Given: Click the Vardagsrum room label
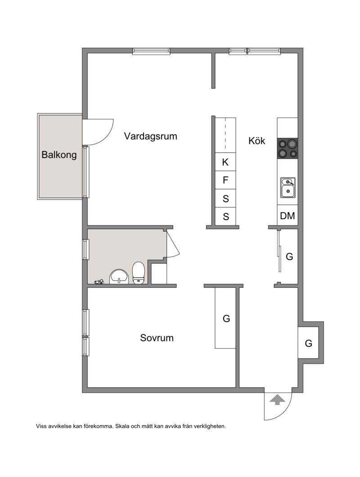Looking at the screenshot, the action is pos(150,136).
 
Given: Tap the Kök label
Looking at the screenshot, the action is pos(256,140).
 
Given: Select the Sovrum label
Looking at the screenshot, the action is pos(157,337).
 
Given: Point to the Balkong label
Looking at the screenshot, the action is pos(59,155).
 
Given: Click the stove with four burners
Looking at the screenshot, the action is pos(287,148).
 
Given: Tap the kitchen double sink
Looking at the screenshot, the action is pos(288,187).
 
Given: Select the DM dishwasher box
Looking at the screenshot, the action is pos(287,216).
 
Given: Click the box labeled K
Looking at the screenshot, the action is pos(225,162).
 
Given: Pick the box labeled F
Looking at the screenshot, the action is pos(225,180).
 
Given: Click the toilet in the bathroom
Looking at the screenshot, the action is pos(139,273).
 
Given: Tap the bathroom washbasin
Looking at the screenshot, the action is pos(119,277).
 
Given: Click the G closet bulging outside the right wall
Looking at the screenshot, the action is pos(308,343).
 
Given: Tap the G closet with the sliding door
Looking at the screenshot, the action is pos(288,256).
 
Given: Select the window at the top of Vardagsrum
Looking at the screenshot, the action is pos(151,51).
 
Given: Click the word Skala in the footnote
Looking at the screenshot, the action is pos(121,426).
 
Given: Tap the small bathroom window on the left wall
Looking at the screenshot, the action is pos(85,249).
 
